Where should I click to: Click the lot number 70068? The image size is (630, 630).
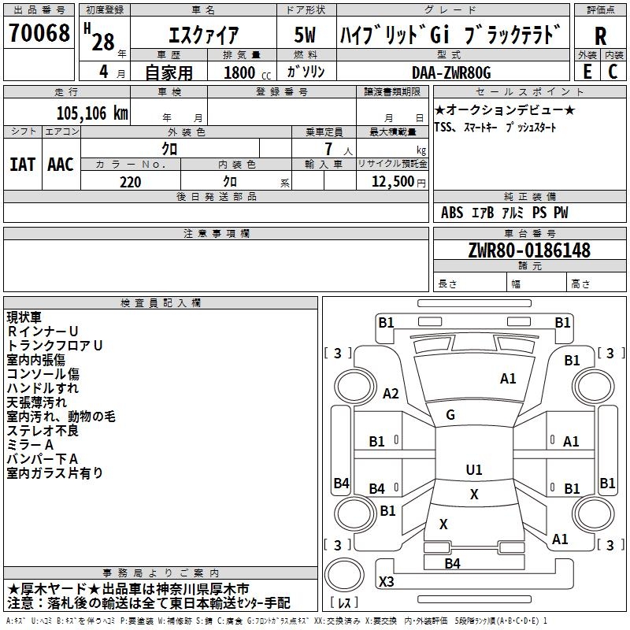(x=39, y=33)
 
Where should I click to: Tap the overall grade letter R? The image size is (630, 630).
(x=600, y=36)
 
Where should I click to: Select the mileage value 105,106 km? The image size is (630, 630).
(x=92, y=113)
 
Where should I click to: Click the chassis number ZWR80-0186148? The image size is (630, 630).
(x=529, y=250)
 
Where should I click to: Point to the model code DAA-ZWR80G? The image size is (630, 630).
(x=451, y=72)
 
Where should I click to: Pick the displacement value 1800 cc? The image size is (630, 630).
(x=247, y=72)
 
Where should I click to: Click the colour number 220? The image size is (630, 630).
(x=130, y=182)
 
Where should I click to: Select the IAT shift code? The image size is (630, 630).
(x=23, y=165)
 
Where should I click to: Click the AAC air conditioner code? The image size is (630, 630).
(x=61, y=165)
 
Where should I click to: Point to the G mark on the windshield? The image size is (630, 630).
(x=450, y=415)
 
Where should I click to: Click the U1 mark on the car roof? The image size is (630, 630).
(x=474, y=469)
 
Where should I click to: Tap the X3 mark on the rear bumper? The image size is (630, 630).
(x=387, y=581)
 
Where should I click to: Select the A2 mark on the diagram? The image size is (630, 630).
(x=391, y=393)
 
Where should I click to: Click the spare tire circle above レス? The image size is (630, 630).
(x=344, y=575)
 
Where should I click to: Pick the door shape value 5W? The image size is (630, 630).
(x=305, y=35)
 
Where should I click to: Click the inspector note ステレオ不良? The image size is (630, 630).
(x=43, y=431)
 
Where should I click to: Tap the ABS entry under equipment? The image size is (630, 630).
(x=452, y=213)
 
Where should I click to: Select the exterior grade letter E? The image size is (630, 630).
(x=587, y=72)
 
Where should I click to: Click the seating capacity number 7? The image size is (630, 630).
(x=328, y=149)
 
